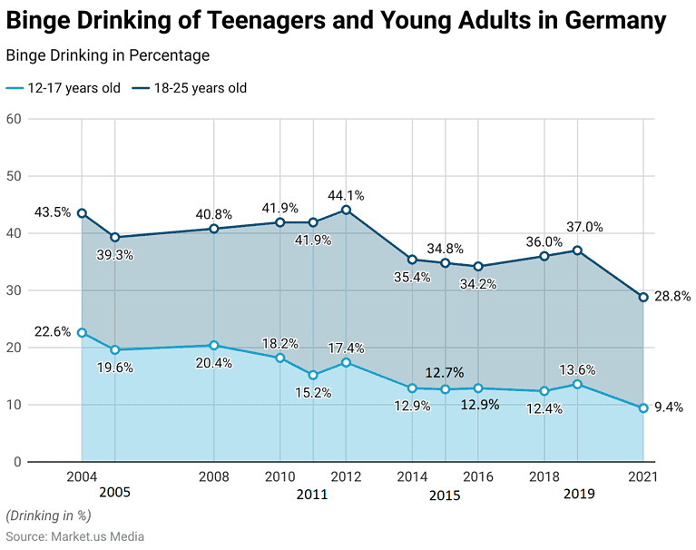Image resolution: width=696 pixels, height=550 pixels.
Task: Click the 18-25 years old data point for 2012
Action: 346,210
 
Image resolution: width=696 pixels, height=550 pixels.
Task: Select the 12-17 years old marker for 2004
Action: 82,333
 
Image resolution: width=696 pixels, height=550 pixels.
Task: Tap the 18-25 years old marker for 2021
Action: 643,297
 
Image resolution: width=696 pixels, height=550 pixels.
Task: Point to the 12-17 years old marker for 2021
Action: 643,408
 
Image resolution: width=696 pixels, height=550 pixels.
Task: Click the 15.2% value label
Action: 313,393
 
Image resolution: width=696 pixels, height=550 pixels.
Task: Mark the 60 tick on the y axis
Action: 13,119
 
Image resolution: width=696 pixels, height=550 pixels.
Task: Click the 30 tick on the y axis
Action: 13,290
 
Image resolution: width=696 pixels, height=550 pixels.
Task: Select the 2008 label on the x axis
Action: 213,476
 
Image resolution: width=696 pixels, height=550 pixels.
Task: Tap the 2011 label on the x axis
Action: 312,495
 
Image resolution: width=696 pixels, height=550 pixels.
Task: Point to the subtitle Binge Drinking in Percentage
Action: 107,55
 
